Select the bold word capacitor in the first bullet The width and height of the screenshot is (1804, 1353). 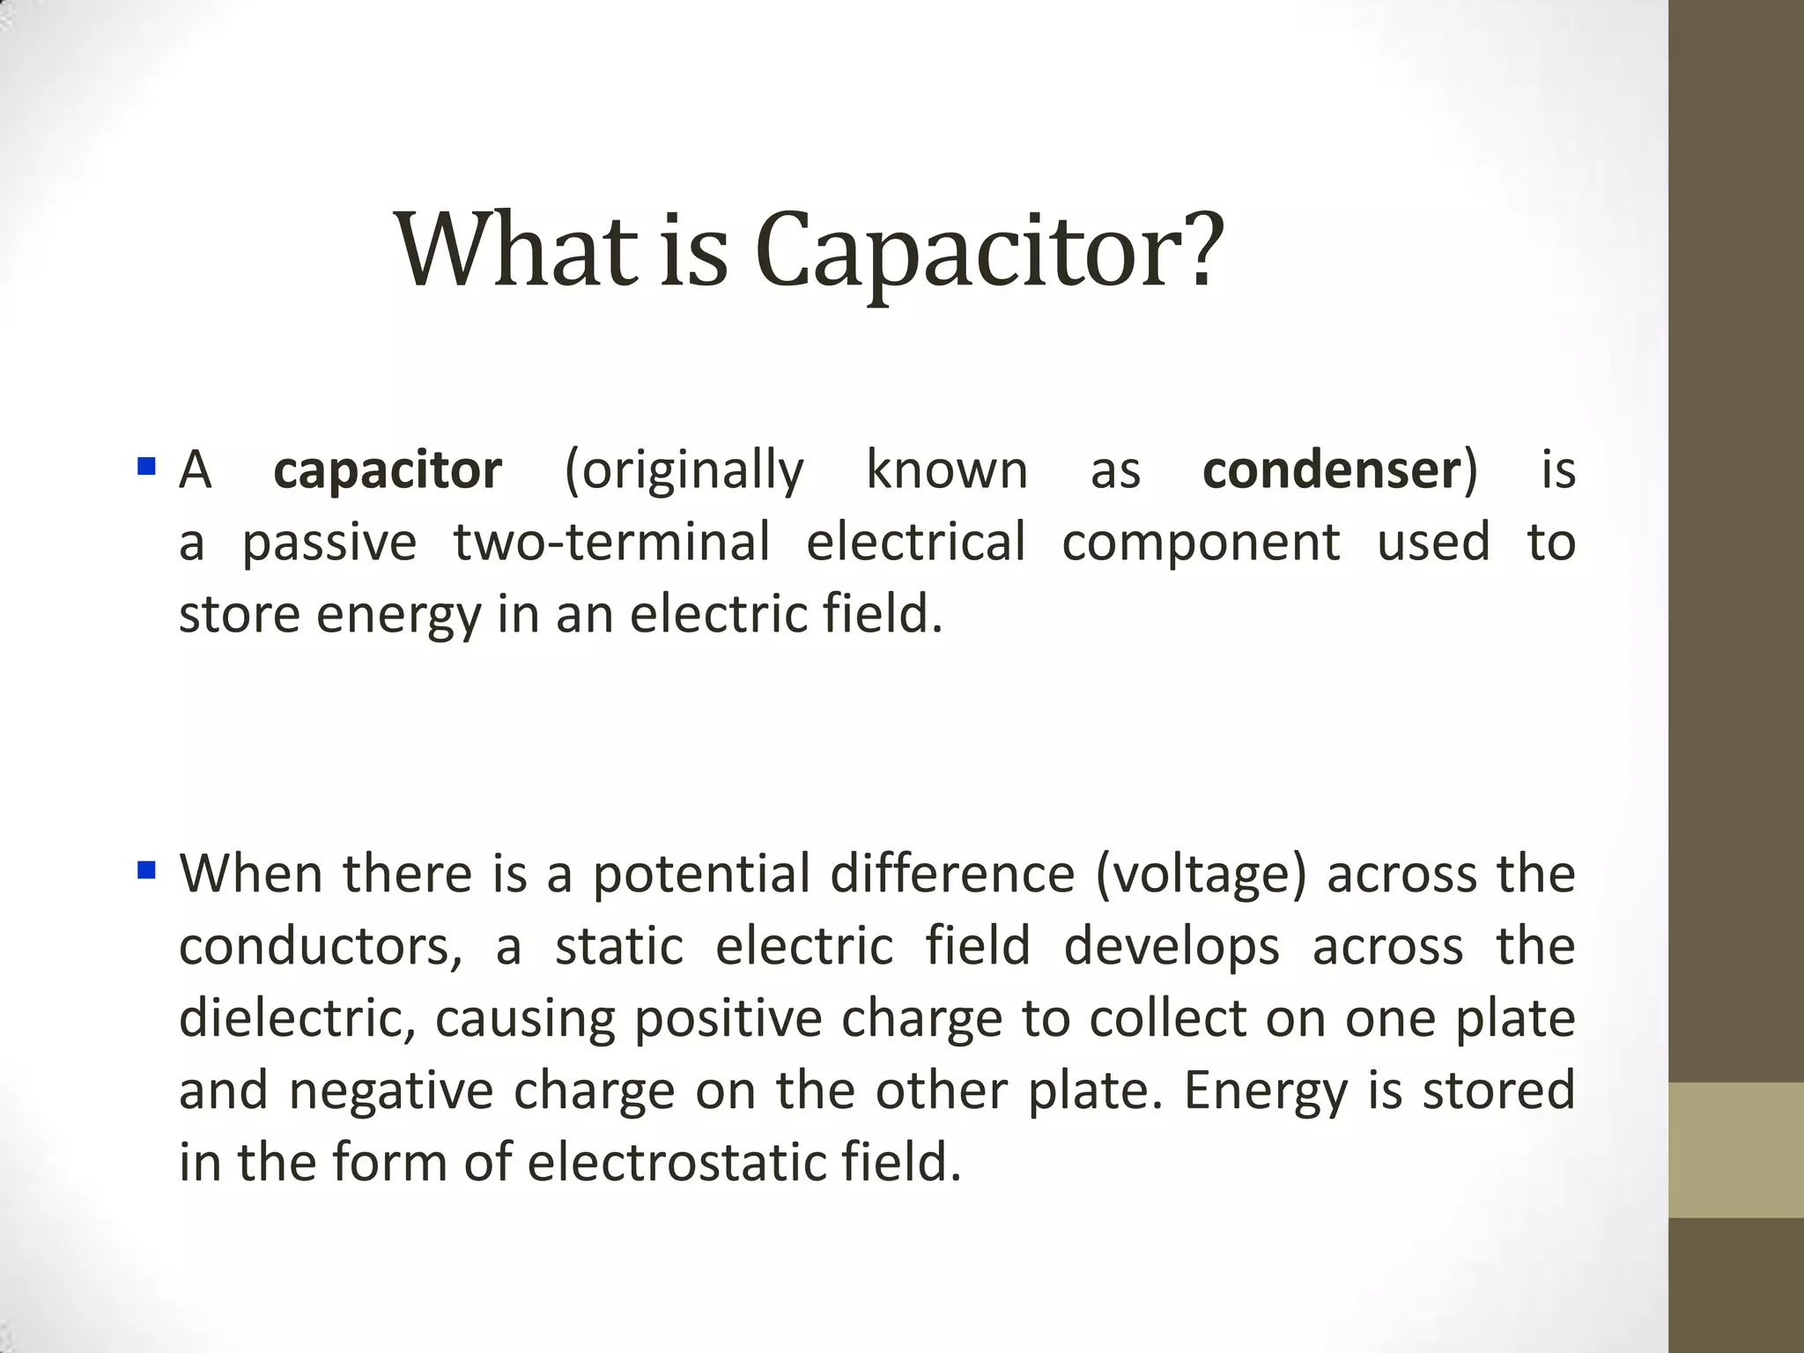(388, 469)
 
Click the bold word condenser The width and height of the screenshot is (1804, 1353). (1331, 469)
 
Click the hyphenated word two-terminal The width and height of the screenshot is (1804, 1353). (612, 542)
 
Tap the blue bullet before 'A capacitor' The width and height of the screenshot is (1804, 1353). (146, 464)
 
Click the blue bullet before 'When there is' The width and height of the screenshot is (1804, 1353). (146, 871)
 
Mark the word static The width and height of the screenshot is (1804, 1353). (619, 947)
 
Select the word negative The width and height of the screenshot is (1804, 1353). (392, 1091)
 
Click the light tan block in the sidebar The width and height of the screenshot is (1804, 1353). (1736, 1150)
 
